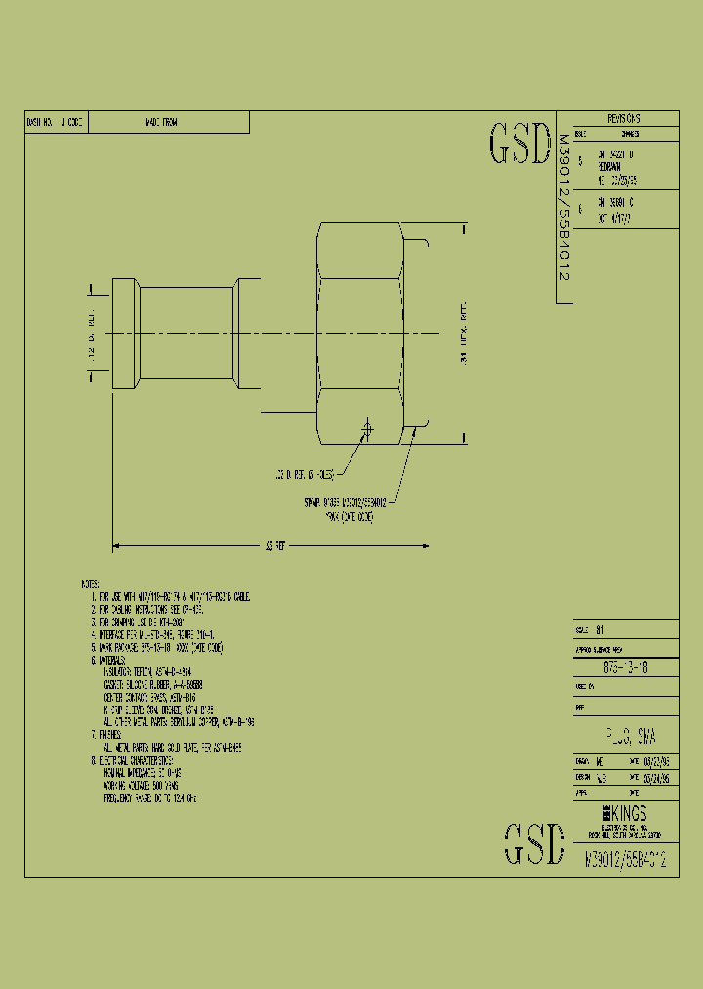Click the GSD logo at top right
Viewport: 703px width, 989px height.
[519, 145]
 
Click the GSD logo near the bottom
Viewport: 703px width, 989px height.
[534, 844]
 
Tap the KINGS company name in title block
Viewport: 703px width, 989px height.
[624, 813]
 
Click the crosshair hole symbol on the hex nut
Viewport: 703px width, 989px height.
[368, 428]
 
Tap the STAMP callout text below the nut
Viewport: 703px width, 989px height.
[344, 508]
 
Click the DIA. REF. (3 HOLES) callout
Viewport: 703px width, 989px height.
[304, 474]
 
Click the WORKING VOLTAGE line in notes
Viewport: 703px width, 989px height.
[145, 785]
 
